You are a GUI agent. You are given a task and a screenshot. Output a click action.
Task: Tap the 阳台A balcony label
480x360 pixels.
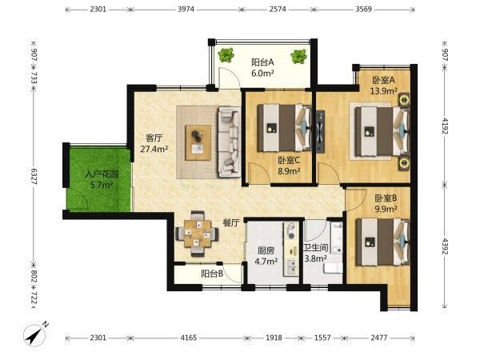point(262,62)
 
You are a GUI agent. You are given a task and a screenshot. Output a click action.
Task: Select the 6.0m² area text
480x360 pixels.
point(262,73)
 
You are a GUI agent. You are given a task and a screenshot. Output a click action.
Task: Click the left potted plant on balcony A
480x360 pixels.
point(226,55)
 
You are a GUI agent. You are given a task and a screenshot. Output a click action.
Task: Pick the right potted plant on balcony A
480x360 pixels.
point(298,57)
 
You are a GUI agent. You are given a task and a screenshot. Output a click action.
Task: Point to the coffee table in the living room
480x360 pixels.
point(198,142)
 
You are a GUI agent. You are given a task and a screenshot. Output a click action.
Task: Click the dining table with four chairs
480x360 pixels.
point(197,234)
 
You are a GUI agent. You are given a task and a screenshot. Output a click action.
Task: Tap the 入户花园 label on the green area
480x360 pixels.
point(102,174)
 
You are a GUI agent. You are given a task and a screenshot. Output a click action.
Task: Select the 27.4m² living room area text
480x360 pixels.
point(154,149)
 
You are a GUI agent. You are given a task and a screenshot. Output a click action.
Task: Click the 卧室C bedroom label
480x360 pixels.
point(289,160)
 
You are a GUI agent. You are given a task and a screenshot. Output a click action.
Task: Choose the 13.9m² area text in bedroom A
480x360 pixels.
point(383,90)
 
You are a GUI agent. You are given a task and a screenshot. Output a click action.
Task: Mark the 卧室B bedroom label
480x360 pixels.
point(386,198)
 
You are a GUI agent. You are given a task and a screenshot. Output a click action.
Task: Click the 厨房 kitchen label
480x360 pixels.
point(266,251)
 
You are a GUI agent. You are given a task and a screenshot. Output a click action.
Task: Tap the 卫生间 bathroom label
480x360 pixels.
point(316,248)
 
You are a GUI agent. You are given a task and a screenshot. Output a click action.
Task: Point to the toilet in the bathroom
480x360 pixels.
point(333,268)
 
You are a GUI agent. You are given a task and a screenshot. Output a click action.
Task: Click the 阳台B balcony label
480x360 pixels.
point(212,274)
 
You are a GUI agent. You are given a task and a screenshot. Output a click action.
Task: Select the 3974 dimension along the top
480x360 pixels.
point(186,9)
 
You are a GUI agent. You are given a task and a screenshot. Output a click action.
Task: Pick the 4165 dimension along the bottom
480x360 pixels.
point(188,338)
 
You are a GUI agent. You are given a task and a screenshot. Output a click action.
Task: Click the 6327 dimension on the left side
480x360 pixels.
point(34,176)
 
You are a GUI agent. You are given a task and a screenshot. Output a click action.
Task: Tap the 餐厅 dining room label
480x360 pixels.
point(231,223)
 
